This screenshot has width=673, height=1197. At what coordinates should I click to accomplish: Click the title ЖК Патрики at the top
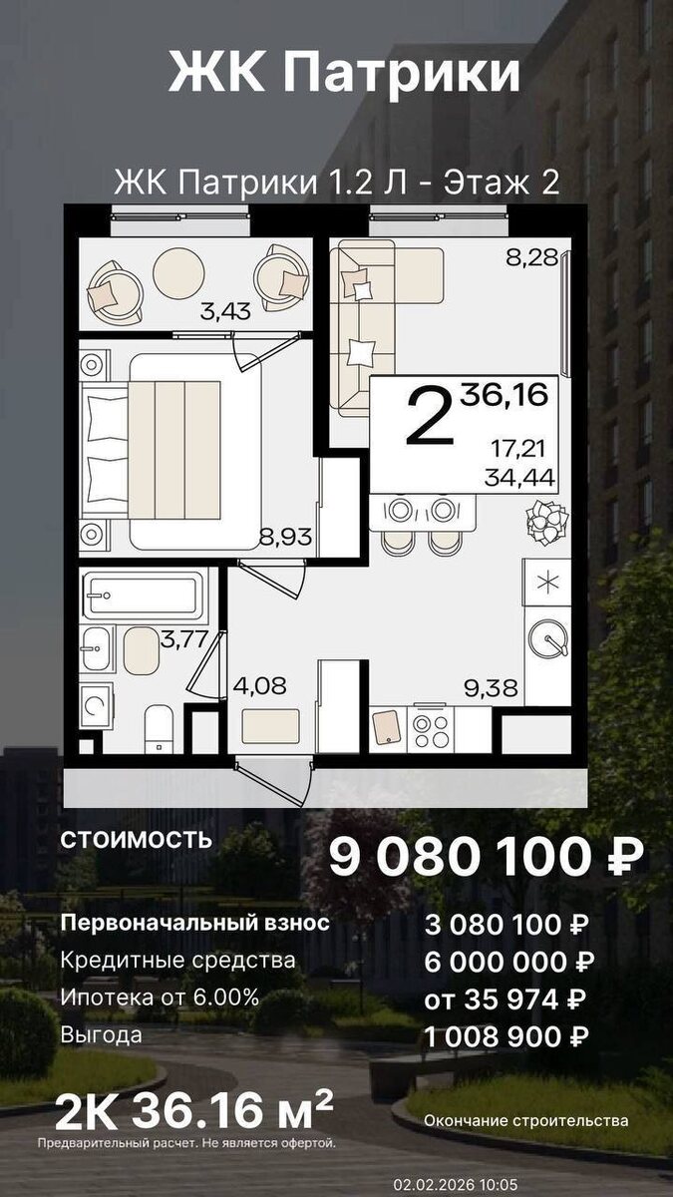tap(344, 75)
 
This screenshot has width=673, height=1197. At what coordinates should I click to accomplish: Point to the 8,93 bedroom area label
tap(286, 538)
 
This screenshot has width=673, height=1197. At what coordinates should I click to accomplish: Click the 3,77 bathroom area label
tap(183, 638)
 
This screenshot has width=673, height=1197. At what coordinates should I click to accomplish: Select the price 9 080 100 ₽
tap(486, 858)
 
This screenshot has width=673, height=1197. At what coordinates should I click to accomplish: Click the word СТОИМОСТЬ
tap(137, 838)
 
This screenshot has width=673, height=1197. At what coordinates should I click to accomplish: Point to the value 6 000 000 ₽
tap(509, 961)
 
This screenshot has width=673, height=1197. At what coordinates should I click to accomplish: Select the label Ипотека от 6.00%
tap(160, 997)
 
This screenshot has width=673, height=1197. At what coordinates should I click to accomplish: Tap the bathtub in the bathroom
tap(146, 596)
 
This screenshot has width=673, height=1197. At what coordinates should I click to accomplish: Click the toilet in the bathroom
tap(160, 727)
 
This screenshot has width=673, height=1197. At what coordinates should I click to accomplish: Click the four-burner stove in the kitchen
tap(432, 726)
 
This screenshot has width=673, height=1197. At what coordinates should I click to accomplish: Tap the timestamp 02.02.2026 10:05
tap(455, 1184)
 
